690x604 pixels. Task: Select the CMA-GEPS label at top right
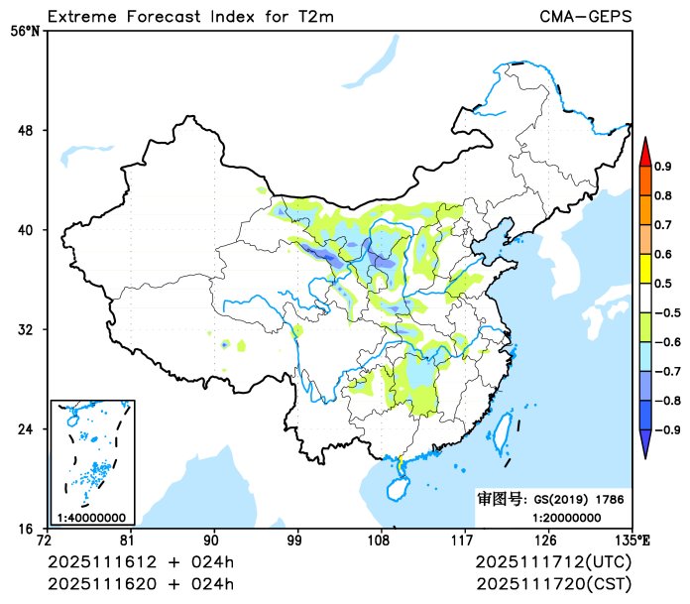coord(585,16)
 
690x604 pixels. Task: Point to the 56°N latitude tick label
coord(24,31)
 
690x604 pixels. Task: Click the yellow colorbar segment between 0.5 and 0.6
coord(644,268)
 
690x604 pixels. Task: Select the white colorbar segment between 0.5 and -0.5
coord(644,298)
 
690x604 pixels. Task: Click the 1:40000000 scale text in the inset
coord(90,517)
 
